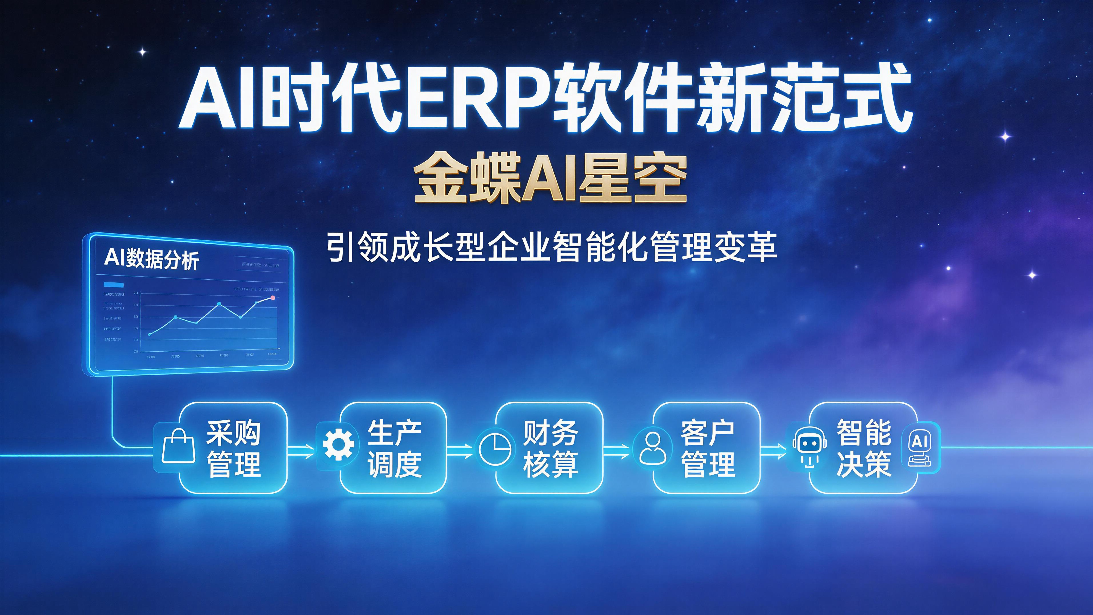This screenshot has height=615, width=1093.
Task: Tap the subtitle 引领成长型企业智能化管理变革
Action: click(x=552, y=247)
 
